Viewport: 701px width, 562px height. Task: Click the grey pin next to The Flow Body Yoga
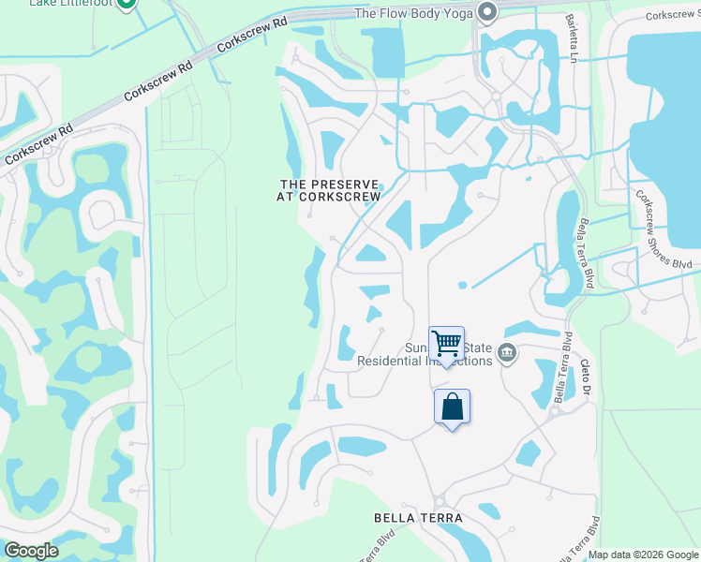486,12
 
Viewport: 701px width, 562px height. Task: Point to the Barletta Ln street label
571,37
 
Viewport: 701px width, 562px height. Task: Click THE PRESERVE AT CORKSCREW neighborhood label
328,190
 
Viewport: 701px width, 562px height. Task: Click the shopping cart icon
447,344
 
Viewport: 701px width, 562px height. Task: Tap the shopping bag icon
452,407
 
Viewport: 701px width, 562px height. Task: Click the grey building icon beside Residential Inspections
508,353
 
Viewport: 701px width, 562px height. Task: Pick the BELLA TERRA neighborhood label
418,517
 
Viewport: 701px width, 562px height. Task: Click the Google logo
30,551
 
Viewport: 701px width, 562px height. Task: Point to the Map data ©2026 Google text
643,555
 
